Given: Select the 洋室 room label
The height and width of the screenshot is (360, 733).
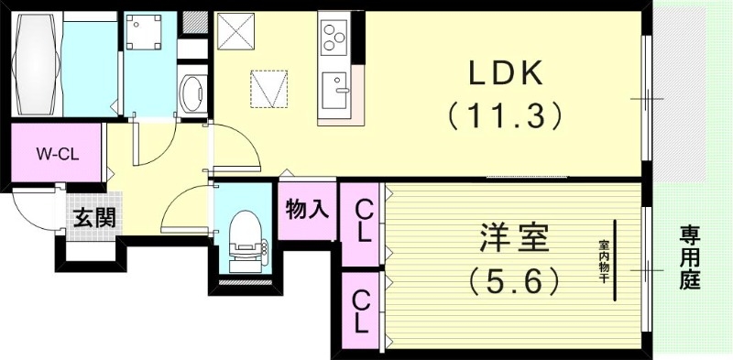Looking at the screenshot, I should pyautogui.click(x=514, y=240).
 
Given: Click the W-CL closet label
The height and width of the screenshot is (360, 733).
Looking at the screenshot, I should pyautogui.click(x=57, y=154).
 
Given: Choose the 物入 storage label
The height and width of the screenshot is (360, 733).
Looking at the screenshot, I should pyautogui.click(x=307, y=210).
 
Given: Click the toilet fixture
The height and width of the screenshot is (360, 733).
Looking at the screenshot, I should pyautogui.click(x=246, y=240).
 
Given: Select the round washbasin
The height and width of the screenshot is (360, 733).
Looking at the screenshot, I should pyautogui.click(x=194, y=92).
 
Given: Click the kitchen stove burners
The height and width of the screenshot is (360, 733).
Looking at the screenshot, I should pyautogui.click(x=333, y=38).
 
